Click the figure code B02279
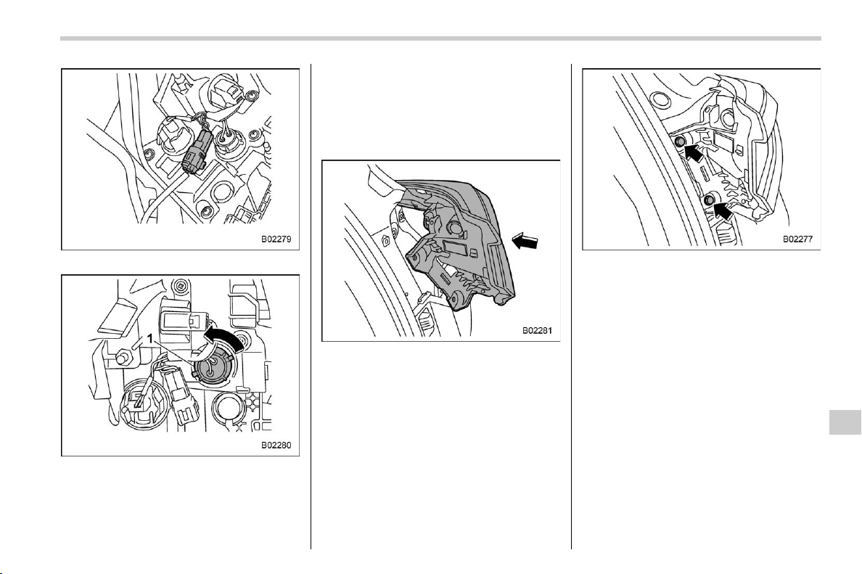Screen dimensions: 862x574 click(276, 239)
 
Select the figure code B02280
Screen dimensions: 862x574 click(276, 446)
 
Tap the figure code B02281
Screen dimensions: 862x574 click(537, 331)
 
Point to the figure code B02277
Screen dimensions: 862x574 click(797, 239)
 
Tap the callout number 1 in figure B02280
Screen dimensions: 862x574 click(149, 339)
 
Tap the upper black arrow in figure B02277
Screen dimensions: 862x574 click(694, 151)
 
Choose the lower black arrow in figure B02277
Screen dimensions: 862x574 click(723, 210)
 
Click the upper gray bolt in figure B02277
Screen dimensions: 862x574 click(679, 142)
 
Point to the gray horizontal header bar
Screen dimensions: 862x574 click(440, 38)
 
